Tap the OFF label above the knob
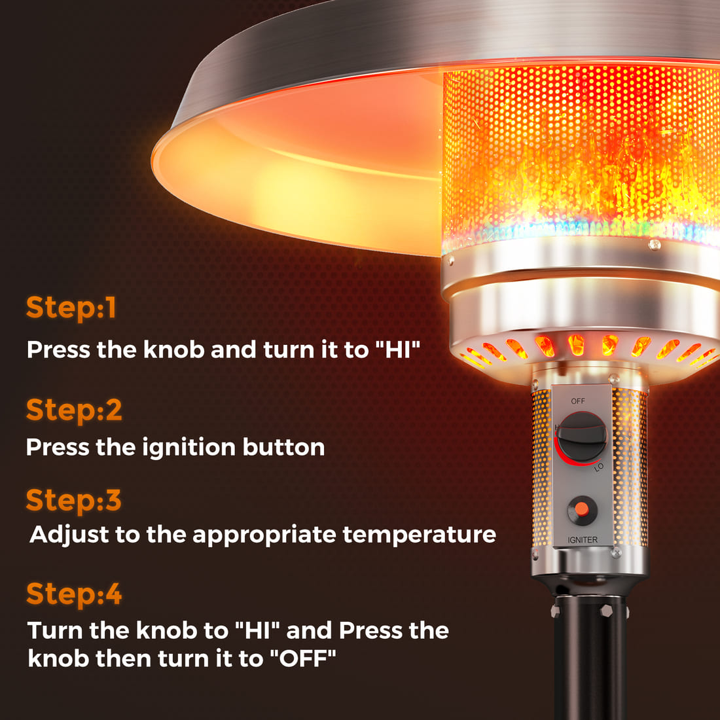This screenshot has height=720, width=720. [578, 401]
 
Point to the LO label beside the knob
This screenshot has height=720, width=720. [599, 467]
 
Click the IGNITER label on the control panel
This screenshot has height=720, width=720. [583, 540]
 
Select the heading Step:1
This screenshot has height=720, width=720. [71, 308]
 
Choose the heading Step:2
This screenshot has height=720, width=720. [74, 410]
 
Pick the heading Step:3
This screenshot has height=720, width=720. [74, 501]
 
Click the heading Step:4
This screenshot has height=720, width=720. [74, 594]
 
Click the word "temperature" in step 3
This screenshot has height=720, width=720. [419, 535]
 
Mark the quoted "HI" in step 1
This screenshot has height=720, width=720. [397, 350]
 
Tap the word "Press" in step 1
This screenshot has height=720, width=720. [58, 350]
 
